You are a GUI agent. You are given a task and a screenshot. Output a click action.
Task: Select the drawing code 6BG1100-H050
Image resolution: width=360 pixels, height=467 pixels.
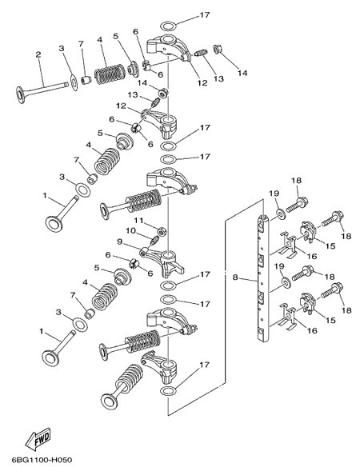(x=42, y=460)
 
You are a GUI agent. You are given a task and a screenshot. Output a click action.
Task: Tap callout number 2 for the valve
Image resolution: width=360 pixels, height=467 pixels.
(x=38, y=54)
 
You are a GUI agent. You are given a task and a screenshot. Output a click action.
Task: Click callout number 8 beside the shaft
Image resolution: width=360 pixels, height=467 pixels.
(x=235, y=277)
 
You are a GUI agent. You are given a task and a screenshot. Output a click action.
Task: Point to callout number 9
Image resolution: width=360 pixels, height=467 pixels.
(x=119, y=241)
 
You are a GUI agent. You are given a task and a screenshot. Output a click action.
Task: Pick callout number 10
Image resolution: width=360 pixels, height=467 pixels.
(x=131, y=231)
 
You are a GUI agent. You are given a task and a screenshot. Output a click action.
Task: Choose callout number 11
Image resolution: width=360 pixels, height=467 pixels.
(x=138, y=221)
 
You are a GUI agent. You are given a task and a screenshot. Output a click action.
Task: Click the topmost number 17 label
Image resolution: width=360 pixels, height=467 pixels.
(x=205, y=14)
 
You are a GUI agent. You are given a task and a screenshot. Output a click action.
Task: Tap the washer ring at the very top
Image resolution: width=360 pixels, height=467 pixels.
(x=169, y=26)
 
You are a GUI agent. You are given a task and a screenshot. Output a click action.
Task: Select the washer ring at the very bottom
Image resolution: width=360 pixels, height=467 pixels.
(x=169, y=390)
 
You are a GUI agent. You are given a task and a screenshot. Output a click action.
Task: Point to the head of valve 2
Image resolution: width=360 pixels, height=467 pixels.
(x=21, y=95)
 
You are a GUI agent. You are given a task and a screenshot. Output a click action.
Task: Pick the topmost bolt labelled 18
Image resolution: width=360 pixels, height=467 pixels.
(x=297, y=206)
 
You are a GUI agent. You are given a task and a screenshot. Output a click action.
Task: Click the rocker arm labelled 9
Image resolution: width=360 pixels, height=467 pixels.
(x=162, y=259)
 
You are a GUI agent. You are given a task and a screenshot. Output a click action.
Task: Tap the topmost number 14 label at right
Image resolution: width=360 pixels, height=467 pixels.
(x=242, y=73)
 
